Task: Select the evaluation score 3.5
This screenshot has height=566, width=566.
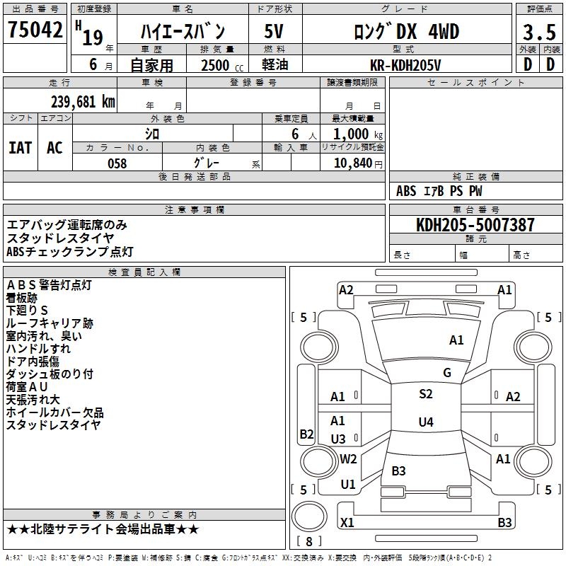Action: pyautogui.click(x=538, y=33)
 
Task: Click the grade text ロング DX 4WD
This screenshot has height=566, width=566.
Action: pyautogui.click(x=406, y=32)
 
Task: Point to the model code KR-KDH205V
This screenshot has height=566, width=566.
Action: pyautogui.click(x=406, y=65)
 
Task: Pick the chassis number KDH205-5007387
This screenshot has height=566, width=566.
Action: pyautogui.click(x=475, y=225)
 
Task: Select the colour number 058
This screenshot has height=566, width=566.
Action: pyautogui.click(x=117, y=163)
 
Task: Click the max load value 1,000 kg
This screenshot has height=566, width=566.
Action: pyautogui.click(x=354, y=134)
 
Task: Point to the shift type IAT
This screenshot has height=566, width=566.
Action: pyautogui.click(x=20, y=148)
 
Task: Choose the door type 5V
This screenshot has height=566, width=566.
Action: pyautogui.click(x=275, y=32)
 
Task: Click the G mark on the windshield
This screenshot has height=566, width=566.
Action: pyautogui.click(x=447, y=373)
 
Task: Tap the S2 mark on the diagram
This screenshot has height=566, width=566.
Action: pyautogui.click(x=425, y=394)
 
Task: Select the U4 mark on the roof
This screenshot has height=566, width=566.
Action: pyautogui.click(x=425, y=422)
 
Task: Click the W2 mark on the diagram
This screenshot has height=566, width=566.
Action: pyautogui.click(x=348, y=459)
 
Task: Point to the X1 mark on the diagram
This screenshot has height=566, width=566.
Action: pyautogui.click(x=347, y=522)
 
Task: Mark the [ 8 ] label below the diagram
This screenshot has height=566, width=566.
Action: pyautogui.click(x=308, y=541)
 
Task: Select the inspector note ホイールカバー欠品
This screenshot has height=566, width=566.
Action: pyautogui.click(x=54, y=412)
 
